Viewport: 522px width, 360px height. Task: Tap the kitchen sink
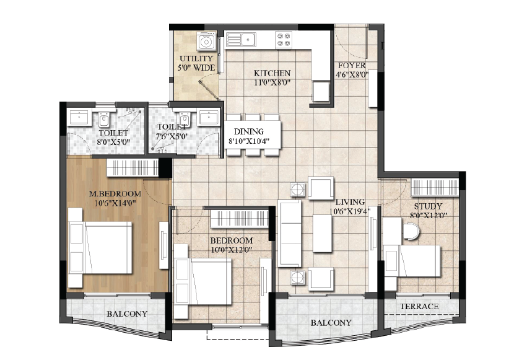[241, 40]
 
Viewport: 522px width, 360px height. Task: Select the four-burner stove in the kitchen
[284, 40]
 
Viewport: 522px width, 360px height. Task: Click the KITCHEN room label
[272, 73]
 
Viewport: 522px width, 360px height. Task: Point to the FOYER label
[352, 65]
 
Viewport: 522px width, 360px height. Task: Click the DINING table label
[249, 131]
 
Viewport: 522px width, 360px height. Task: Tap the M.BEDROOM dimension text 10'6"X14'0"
[115, 203]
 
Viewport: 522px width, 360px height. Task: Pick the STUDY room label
[428, 206]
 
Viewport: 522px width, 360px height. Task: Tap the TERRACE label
[419, 306]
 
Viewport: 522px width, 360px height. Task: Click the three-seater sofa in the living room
[289, 233]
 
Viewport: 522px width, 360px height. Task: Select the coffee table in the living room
[322, 233]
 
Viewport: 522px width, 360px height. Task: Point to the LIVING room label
[350, 202]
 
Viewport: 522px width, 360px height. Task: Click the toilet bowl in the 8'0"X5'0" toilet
[104, 120]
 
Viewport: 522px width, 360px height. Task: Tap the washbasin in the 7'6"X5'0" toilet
[209, 118]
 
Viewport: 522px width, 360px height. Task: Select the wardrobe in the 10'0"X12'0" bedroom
[240, 219]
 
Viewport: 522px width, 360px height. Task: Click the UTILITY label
[196, 59]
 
